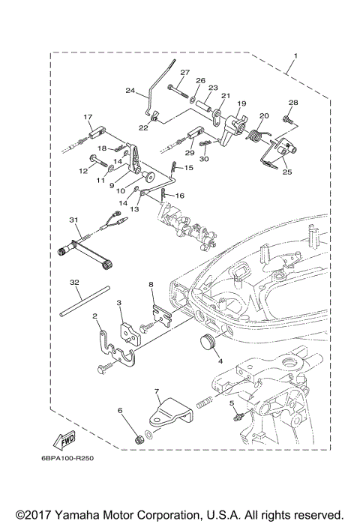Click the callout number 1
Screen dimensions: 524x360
pos(295,57)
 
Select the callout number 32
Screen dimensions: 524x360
pos(74,283)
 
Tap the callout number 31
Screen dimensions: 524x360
pos(73,219)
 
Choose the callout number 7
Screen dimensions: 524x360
pos(157,391)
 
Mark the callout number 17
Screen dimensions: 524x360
pos(88,117)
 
